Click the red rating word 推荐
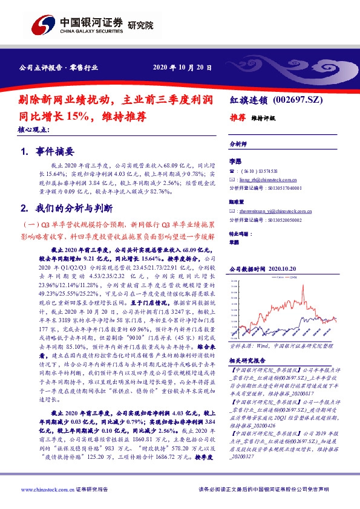click(x=237, y=118)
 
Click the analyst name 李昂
click(x=235, y=162)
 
